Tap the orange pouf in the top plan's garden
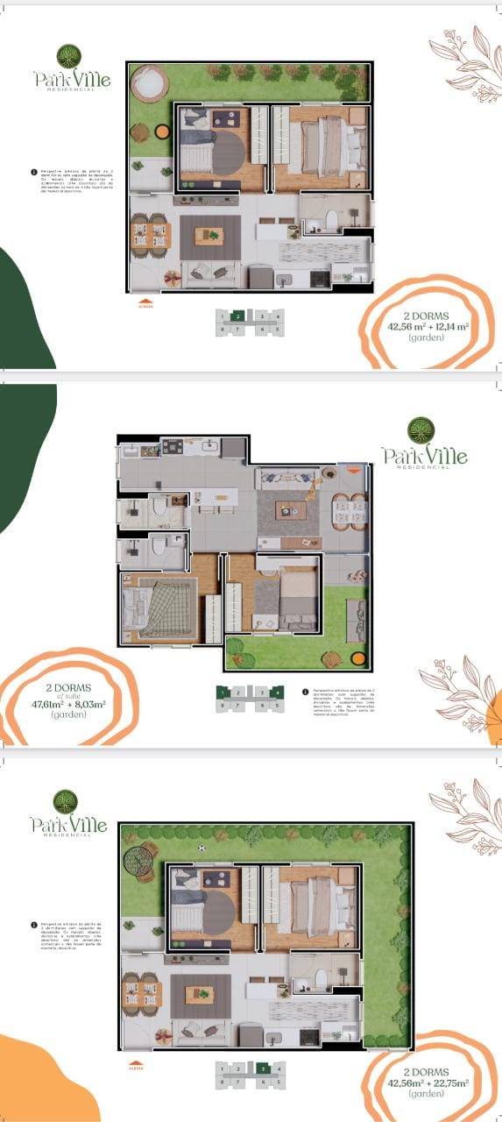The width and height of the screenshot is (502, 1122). pyautogui.click(x=162, y=131)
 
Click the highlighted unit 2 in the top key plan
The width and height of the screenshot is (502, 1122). pyautogui.click(x=237, y=316)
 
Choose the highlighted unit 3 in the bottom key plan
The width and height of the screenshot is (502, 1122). pyautogui.click(x=262, y=1069)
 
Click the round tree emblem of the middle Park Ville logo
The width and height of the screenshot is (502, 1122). pyautogui.click(x=421, y=430)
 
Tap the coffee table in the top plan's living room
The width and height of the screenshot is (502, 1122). pyautogui.click(x=209, y=235)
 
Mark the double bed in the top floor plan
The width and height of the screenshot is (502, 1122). pyautogui.click(x=331, y=145)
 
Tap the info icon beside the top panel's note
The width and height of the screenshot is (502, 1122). pyautogui.click(x=33, y=173)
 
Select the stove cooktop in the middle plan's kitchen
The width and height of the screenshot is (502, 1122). pyautogui.click(x=171, y=447)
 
